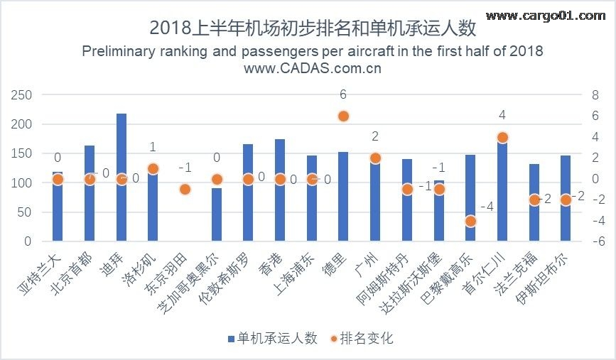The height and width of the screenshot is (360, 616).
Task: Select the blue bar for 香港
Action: [x=280, y=206]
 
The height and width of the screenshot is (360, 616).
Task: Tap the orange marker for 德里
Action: [x=343, y=116]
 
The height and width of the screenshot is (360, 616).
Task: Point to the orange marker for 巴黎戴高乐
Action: [x=470, y=221]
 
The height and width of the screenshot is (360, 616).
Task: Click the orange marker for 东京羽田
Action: [x=185, y=189]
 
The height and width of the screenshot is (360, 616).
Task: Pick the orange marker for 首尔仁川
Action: [x=502, y=137]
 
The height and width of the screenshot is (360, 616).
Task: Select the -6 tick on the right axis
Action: [x=596, y=241]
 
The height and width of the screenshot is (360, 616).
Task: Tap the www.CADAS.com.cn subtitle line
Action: [x=313, y=69]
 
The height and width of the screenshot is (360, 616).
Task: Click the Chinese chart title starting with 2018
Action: [x=313, y=28]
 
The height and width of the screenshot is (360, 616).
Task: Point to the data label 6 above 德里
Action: [x=343, y=94]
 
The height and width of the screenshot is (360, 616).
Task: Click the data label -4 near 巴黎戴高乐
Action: [x=487, y=207]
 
